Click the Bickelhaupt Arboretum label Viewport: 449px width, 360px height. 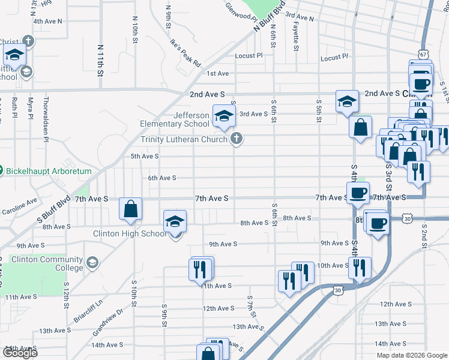pos(49,171)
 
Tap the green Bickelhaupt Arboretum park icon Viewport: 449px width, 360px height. pos(1,171)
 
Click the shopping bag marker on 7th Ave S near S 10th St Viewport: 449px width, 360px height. pos(130,209)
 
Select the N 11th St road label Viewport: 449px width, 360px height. pos(100,59)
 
